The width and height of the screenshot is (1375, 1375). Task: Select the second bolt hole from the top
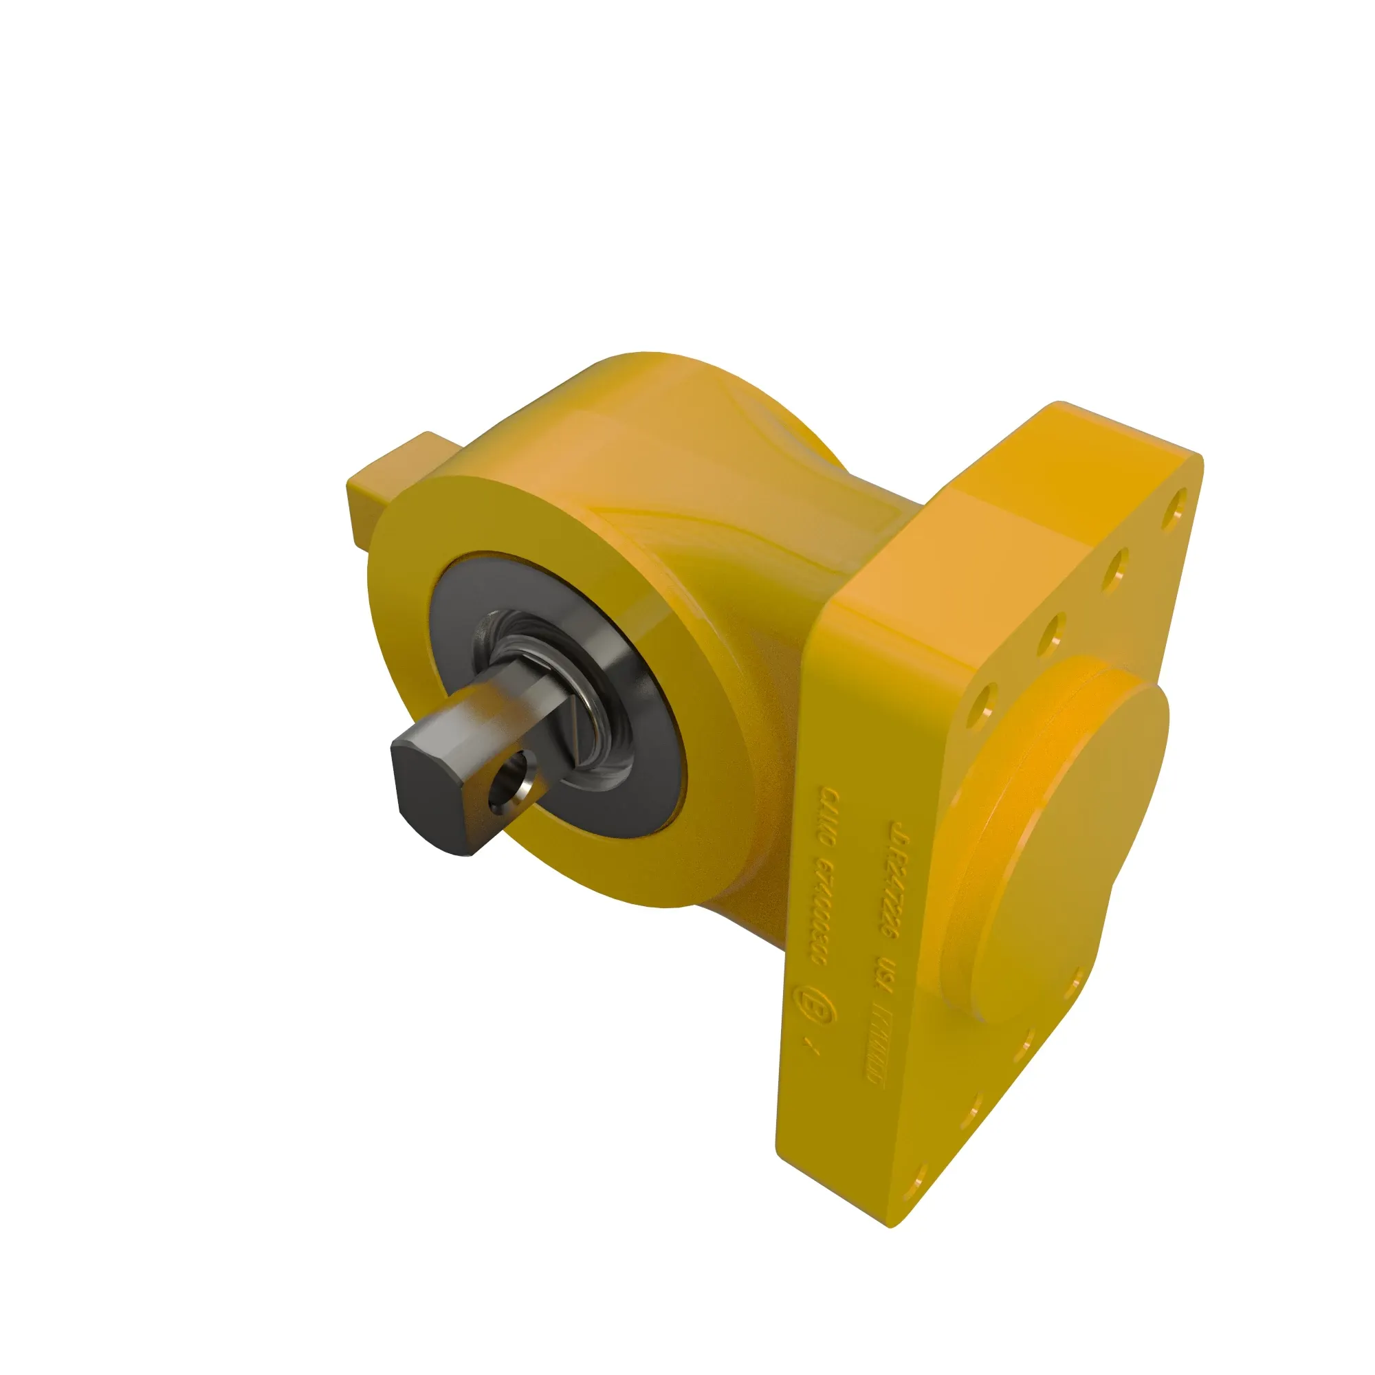click(1115, 569)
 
